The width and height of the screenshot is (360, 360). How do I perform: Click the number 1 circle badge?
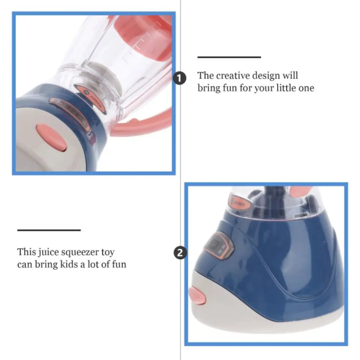pos(180,78)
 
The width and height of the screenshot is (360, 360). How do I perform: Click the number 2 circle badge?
pos(180,253)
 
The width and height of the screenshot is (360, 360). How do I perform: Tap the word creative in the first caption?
pos(233,76)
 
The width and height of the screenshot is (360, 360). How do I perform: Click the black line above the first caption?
pos(229,57)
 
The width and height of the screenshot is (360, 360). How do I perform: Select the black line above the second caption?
pos(49,230)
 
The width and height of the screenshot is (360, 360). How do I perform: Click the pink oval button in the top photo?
pos(52,138)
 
